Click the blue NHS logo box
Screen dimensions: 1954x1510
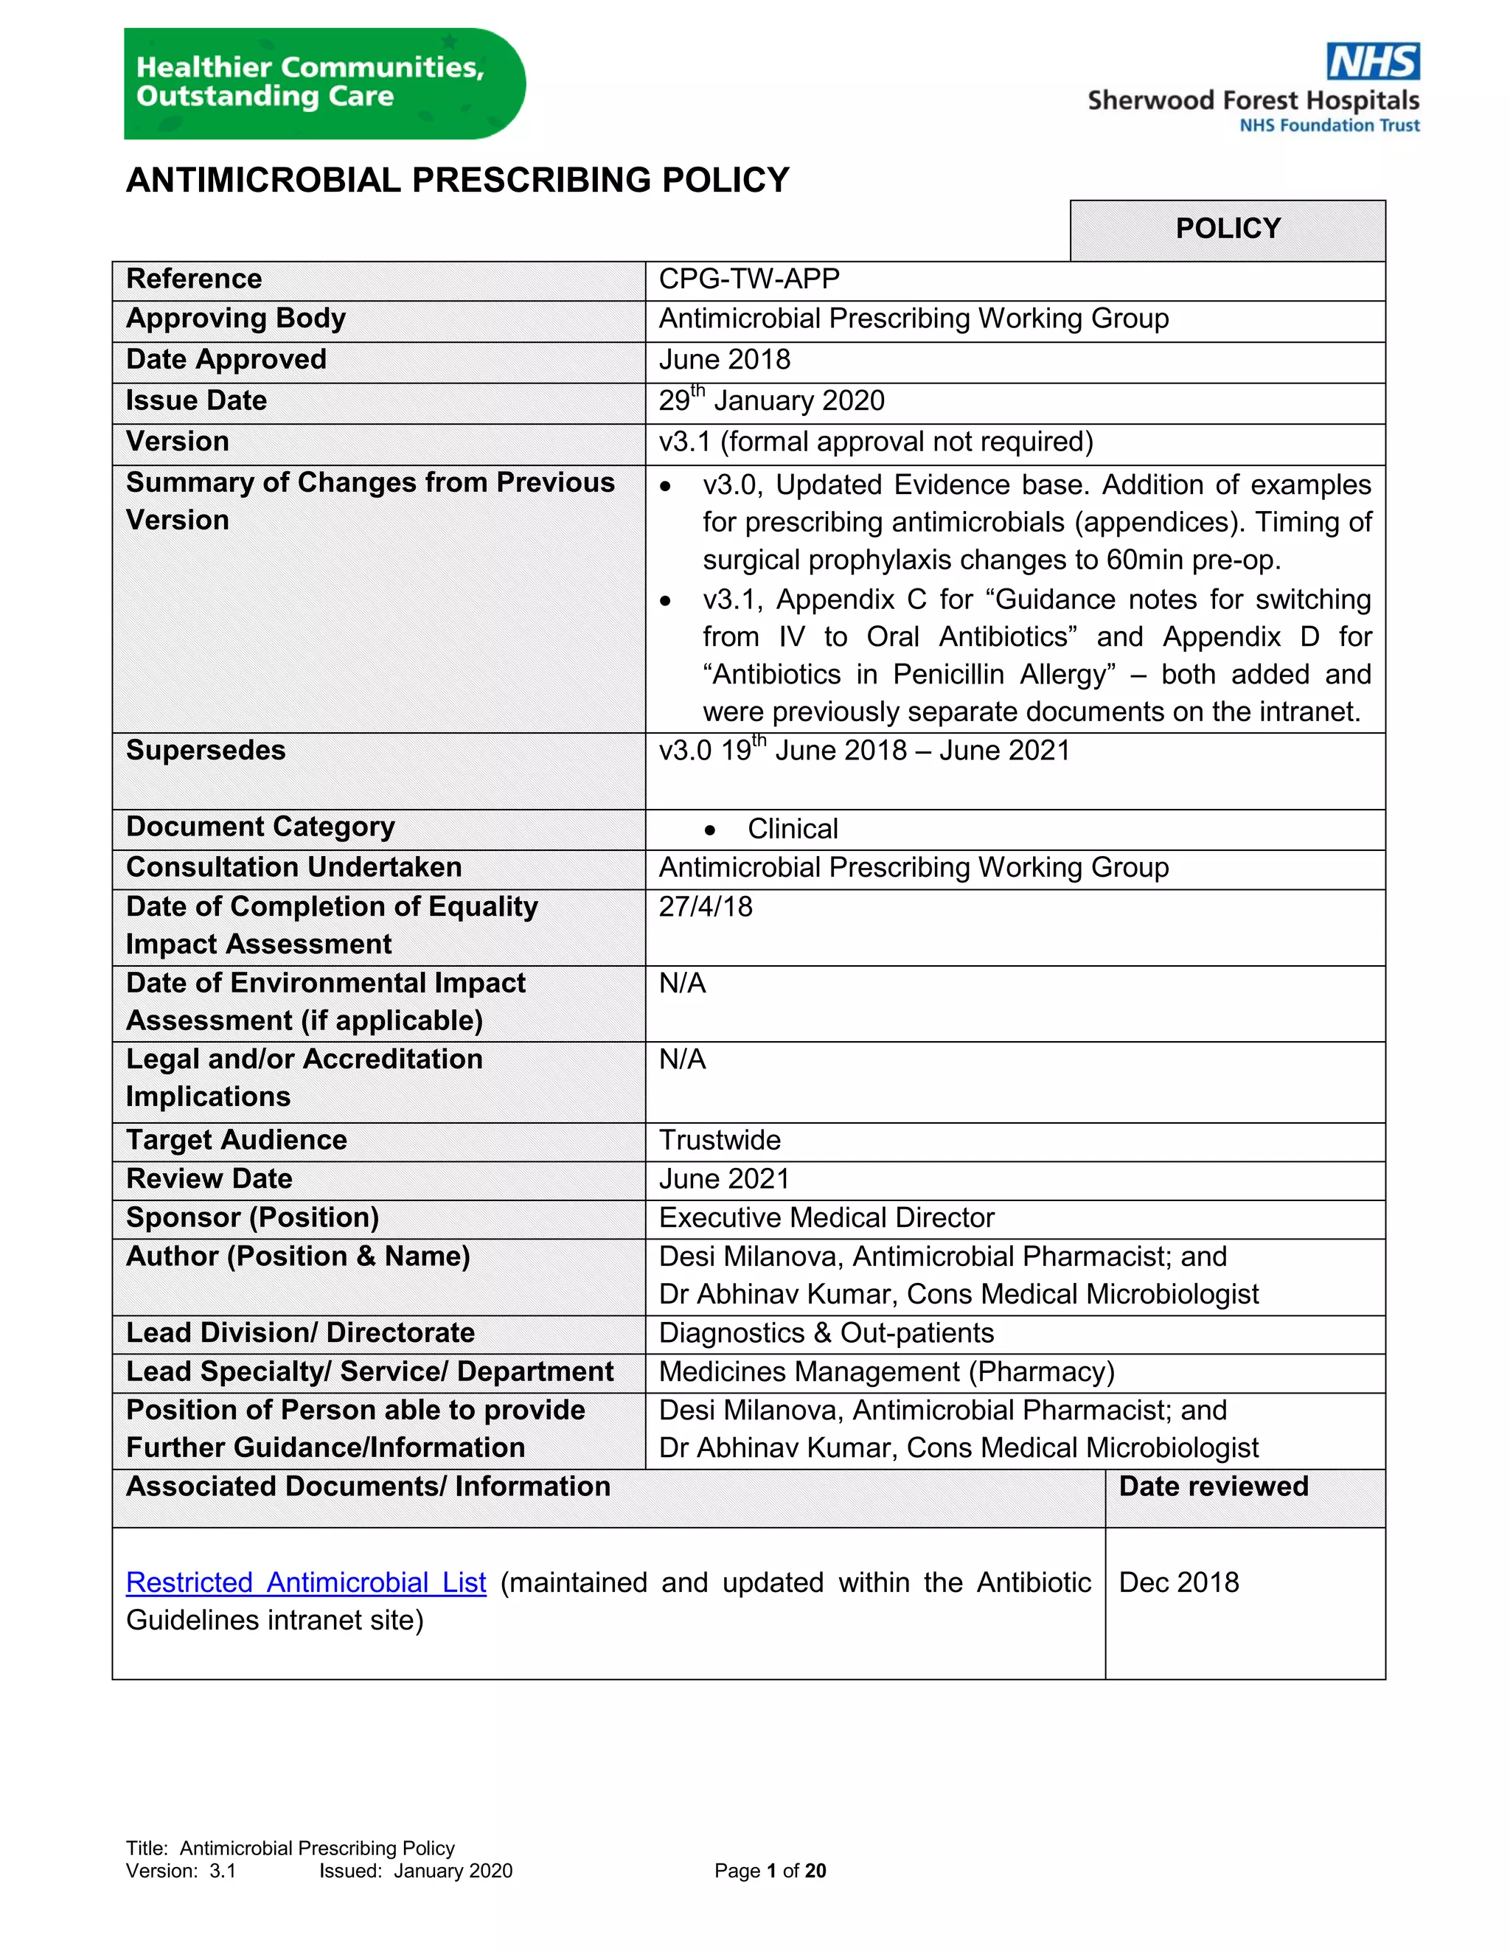[1372, 62]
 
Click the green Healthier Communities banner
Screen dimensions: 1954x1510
[323, 83]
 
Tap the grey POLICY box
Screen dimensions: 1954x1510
[1228, 229]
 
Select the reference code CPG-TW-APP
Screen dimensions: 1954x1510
[749, 279]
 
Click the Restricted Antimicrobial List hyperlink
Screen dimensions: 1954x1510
[306, 1582]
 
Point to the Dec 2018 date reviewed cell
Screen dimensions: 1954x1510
[1178, 1582]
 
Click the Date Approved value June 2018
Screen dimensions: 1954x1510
[725, 360]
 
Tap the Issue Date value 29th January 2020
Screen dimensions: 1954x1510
[771, 401]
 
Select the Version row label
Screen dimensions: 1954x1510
[177, 441]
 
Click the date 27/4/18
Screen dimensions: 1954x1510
[706, 906]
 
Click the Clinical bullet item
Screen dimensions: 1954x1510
[792, 830]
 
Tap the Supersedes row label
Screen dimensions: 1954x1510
[206, 750]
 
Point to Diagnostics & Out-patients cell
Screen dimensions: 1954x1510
[826, 1333]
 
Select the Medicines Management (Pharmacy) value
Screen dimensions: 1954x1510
[886, 1371]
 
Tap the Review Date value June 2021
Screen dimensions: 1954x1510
[724, 1179]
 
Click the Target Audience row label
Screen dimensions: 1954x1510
[236, 1140]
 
